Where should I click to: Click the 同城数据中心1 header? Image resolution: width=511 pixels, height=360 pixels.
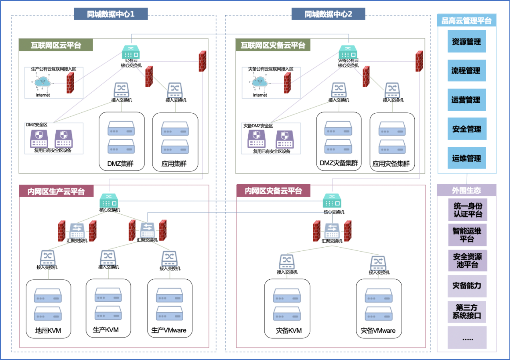click(x=111, y=14)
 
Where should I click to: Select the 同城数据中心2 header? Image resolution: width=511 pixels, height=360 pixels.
click(x=328, y=14)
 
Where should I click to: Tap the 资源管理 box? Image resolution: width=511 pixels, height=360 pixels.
click(x=466, y=41)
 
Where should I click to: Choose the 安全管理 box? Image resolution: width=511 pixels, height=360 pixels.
click(x=467, y=129)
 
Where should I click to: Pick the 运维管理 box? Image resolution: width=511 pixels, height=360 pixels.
click(x=466, y=158)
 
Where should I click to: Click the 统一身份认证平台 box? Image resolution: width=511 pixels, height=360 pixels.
click(x=468, y=209)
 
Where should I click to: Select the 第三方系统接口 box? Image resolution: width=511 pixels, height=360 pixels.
click(x=467, y=311)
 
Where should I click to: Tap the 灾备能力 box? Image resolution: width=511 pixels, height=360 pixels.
click(x=467, y=286)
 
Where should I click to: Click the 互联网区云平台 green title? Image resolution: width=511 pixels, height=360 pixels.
click(x=56, y=45)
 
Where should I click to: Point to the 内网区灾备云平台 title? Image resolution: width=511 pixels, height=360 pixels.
click(x=273, y=191)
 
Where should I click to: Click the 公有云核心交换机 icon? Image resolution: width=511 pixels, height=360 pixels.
click(x=131, y=52)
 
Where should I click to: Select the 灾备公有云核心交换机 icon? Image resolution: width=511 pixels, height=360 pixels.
click(x=348, y=52)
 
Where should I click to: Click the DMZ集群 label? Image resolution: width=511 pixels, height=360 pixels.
click(x=120, y=163)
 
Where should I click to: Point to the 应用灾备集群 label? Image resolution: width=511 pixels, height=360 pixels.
click(x=391, y=163)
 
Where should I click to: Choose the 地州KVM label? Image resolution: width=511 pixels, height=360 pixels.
click(x=48, y=330)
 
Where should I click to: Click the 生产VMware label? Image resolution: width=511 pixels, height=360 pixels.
click(x=169, y=330)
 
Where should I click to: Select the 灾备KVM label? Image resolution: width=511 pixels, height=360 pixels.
click(x=289, y=330)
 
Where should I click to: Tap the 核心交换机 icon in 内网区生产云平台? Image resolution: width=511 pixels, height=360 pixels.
click(x=109, y=201)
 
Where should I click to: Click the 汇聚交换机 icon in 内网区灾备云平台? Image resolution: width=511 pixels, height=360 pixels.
click(x=332, y=231)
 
